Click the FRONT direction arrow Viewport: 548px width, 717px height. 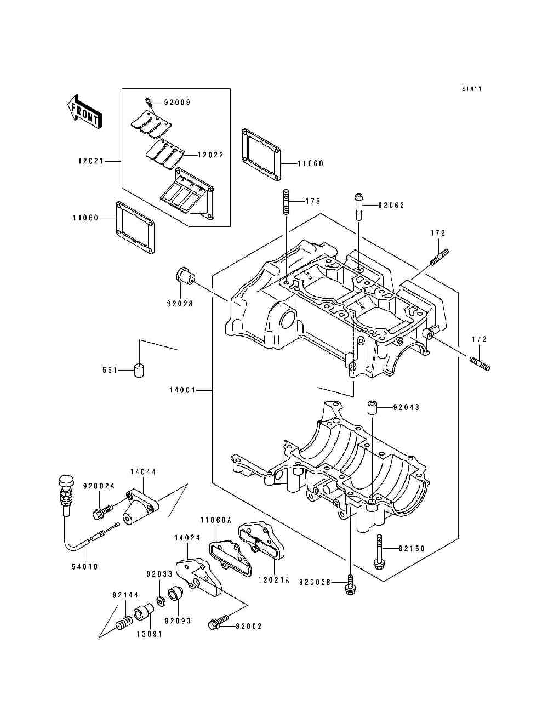pos(84,112)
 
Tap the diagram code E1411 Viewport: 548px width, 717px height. pos(472,89)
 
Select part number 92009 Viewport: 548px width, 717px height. pos(177,103)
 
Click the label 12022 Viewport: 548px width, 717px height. pos(210,155)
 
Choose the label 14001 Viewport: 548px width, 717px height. pos(182,390)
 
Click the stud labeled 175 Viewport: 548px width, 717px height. pos(286,202)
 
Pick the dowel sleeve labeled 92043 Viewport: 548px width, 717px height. pos(372,407)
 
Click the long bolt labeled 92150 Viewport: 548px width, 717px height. pos(379,553)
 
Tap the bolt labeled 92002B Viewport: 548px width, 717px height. pos(350,585)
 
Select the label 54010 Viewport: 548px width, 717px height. pos(84,567)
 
